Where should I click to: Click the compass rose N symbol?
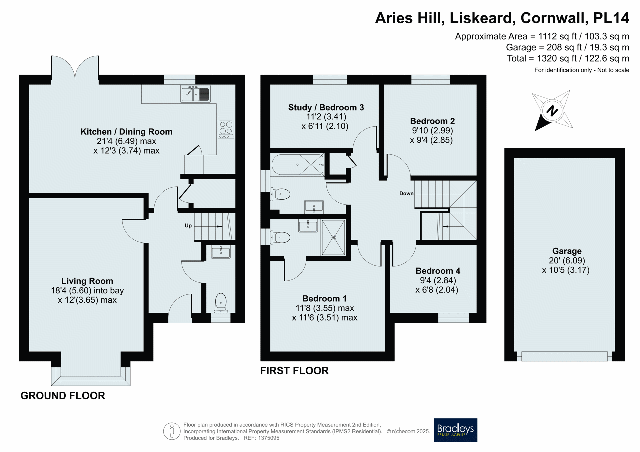coord(552,111)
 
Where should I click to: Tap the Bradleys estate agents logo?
coord(455,430)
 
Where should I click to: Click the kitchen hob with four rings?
coord(226,129)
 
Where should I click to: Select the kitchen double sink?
coord(195,94)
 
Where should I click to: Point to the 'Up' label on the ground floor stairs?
coord(188,226)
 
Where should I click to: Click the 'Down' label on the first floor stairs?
coord(406,193)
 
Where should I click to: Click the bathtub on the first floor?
coord(298,164)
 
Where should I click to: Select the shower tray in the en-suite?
coord(333,237)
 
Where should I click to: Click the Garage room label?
coord(567,251)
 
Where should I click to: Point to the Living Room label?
coord(87,281)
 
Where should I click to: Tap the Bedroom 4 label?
coord(438,271)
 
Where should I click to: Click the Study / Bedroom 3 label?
coord(326,107)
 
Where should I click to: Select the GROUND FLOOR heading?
coord(63,396)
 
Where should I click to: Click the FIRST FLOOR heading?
coord(294,371)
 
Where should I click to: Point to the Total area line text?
coord(568,58)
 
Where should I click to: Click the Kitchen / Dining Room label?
coord(126,132)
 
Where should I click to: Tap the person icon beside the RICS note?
coord(172,431)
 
